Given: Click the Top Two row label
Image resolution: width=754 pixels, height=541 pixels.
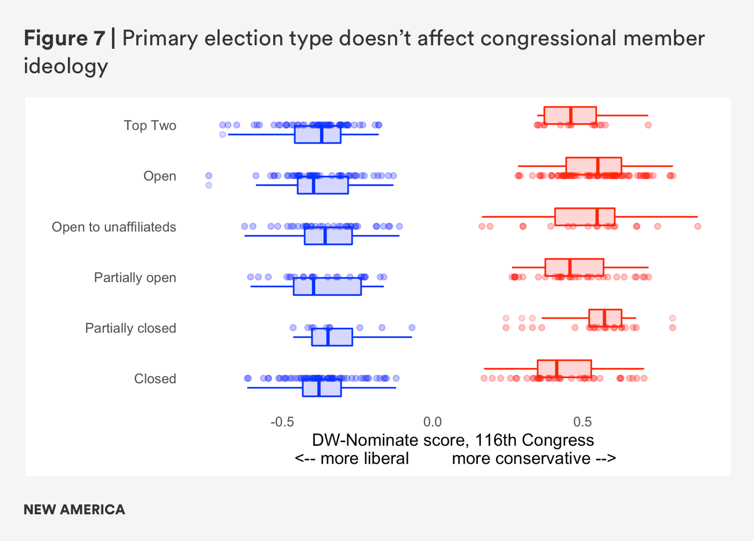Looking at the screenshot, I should tap(150, 125).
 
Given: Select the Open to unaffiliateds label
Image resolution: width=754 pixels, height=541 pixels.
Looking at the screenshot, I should tap(114, 227).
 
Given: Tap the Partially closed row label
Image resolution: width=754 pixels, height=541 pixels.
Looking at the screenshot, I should tap(130, 328).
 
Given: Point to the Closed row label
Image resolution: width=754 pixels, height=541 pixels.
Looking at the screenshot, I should tap(155, 378).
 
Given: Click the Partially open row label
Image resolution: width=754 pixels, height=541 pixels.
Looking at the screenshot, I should tap(135, 277).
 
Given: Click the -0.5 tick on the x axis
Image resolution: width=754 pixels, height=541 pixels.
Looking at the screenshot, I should tap(282, 422).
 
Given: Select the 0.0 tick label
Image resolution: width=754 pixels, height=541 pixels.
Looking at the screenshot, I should tap(432, 422).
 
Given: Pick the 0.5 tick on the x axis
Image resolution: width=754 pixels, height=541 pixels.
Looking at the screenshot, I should tap(582, 422).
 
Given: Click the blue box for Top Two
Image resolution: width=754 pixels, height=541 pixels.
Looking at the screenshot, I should tap(317, 135).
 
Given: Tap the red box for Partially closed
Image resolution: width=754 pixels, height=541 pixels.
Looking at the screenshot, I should tap(605, 318).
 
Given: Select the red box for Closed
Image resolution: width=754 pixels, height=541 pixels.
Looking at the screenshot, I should tap(564, 369).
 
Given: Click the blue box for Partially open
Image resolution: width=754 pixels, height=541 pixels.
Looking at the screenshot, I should tap(327, 287).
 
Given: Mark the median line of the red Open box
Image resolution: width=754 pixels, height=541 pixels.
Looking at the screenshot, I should tap(597, 165).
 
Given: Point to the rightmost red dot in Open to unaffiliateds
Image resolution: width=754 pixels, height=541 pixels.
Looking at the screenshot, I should tap(698, 226).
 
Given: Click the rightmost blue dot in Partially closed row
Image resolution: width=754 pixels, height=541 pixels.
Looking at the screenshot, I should tap(412, 327).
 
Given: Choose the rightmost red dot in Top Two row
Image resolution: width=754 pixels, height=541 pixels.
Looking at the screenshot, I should tap(648, 125).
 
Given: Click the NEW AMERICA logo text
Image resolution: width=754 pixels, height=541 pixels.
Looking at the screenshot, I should tap(74, 510).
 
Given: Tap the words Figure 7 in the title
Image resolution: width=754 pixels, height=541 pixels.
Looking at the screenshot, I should tap(64, 38).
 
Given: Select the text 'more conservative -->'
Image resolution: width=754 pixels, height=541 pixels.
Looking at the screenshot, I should tap(534, 459).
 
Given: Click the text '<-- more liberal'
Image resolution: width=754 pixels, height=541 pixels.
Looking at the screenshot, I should tap(351, 459).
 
